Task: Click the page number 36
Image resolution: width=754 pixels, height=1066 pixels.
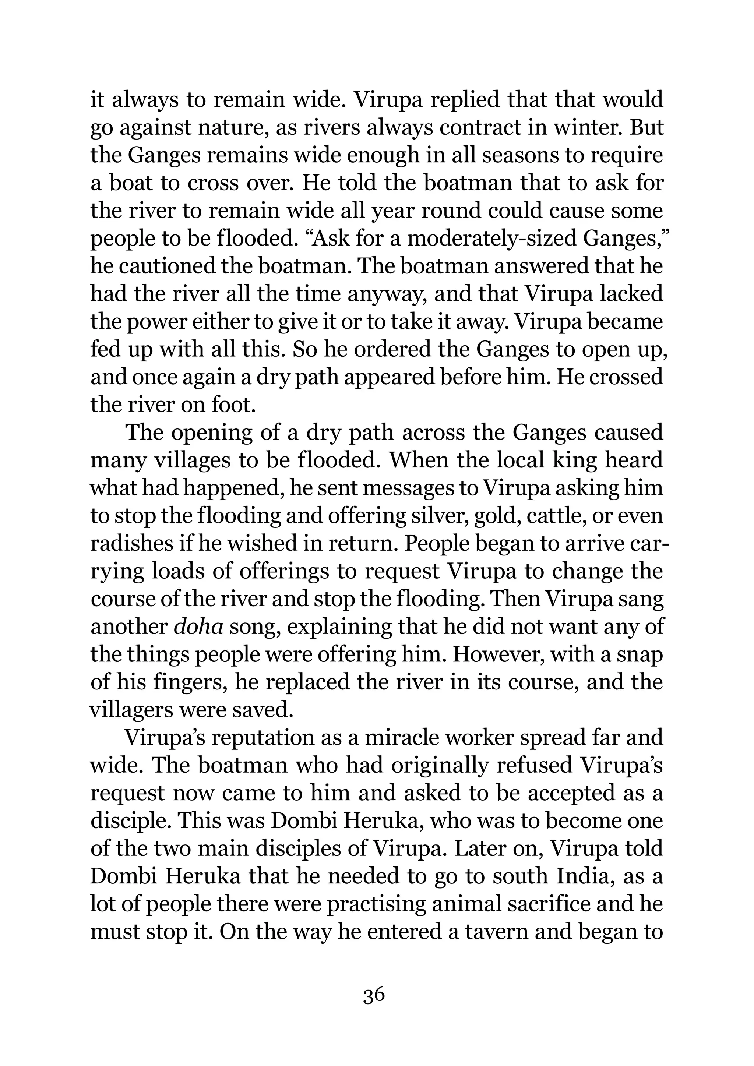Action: pyautogui.click(x=374, y=995)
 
